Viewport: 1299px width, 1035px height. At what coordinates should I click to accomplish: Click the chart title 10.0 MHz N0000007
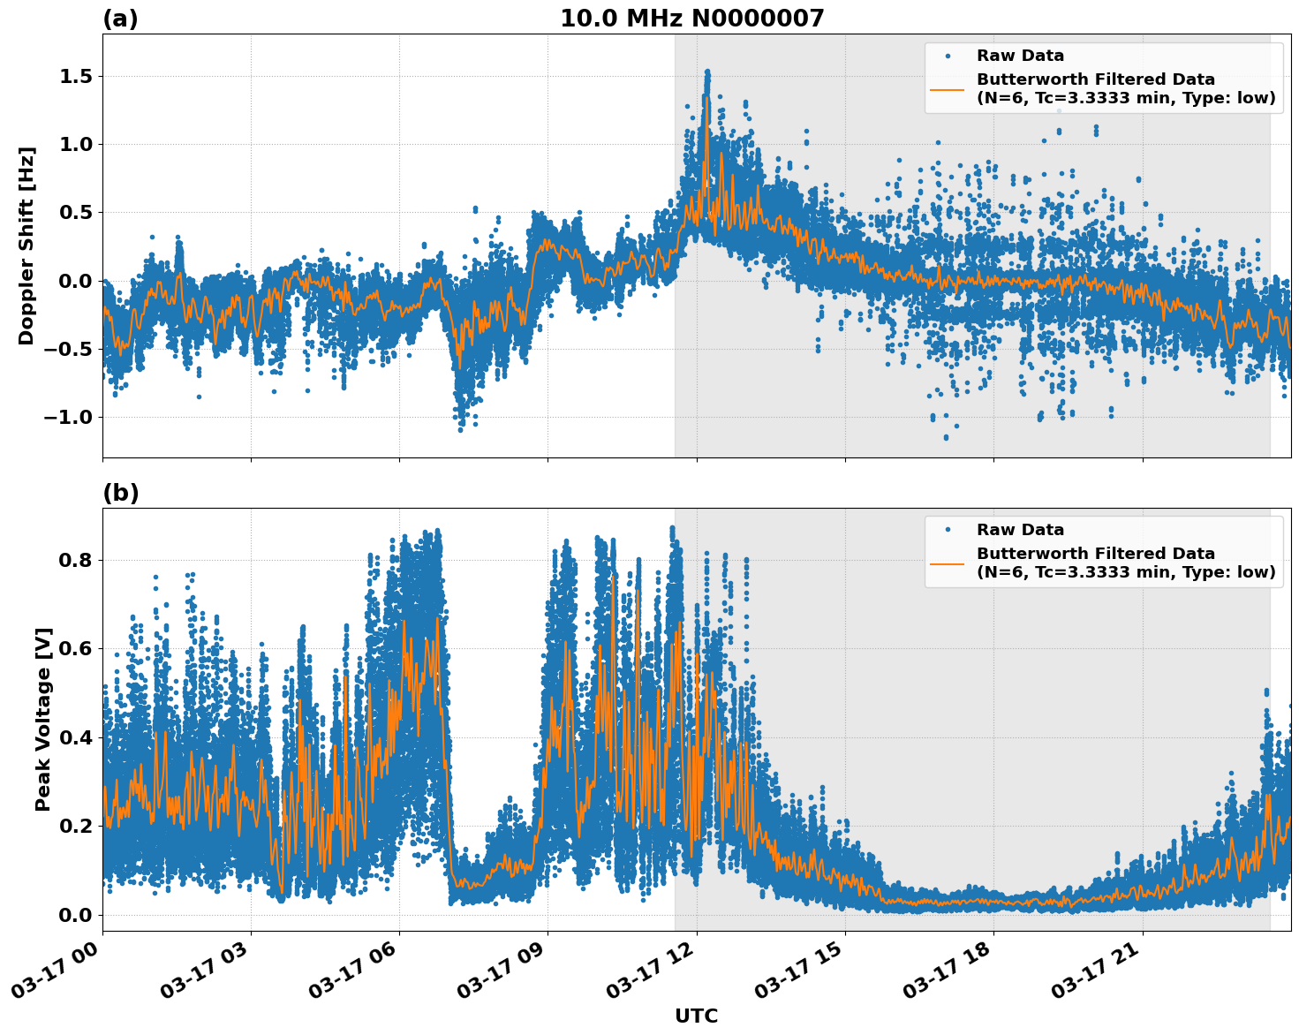[x=691, y=19]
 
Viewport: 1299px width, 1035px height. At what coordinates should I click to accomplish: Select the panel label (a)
[x=120, y=19]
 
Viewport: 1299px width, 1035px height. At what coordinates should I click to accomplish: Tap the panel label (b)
[x=120, y=493]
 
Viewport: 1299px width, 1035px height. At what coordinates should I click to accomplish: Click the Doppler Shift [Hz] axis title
[x=26, y=246]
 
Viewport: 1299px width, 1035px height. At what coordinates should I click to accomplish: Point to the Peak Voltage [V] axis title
[x=43, y=719]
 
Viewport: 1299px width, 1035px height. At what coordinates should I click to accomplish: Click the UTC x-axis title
[x=696, y=1016]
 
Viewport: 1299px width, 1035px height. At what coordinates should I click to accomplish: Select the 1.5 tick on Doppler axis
[x=75, y=77]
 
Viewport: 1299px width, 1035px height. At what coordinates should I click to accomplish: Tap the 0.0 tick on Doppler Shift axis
[x=75, y=281]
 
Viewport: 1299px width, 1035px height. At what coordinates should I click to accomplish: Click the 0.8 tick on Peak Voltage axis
[x=75, y=560]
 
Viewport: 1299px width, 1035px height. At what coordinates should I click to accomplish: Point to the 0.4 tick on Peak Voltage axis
[x=75, y=737]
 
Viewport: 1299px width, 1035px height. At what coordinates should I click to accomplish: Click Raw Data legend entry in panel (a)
[x=1020, y=56]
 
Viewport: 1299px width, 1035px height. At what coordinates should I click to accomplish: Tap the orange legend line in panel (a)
[x=947, y=89]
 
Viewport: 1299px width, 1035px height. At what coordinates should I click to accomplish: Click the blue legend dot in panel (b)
[x=947, y=530]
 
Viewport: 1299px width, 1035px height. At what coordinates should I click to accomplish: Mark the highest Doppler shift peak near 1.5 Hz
[x=706, y=72]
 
